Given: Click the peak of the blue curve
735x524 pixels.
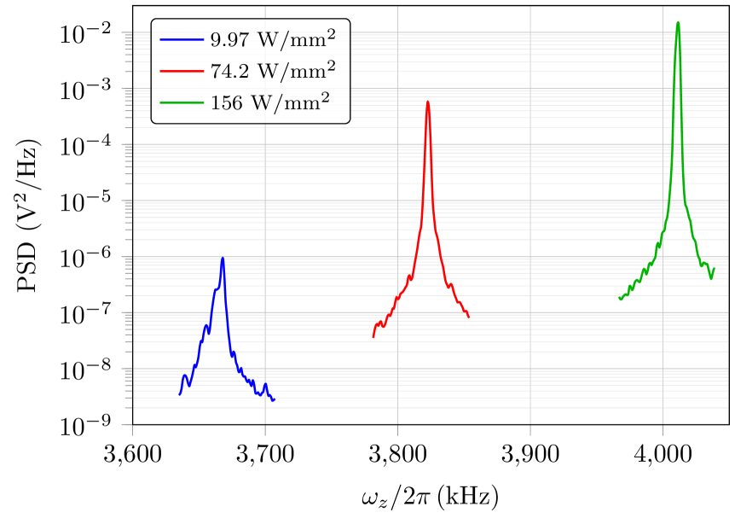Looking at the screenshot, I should [223, 259].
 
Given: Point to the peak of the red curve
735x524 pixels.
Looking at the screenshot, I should [427, 103].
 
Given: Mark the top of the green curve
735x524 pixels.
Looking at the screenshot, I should [678, 23].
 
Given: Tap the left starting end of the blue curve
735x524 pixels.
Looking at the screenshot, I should [180, 394].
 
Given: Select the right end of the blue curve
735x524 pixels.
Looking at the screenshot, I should [274, 400].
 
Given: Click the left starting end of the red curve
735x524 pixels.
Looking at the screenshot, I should [373, 337].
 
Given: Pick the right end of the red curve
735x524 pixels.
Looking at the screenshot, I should [469, 317].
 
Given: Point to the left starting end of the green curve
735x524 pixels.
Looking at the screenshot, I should [620, 300].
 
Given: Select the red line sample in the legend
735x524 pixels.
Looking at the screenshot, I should [181, 71].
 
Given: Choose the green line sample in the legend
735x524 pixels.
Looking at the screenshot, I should [181, 102].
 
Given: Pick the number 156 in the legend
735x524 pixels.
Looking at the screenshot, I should [223, 103].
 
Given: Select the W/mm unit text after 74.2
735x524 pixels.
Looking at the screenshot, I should [286, 72].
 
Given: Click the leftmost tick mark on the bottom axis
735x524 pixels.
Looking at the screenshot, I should [132, 429].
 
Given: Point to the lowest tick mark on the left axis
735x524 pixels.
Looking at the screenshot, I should [126, 424].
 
